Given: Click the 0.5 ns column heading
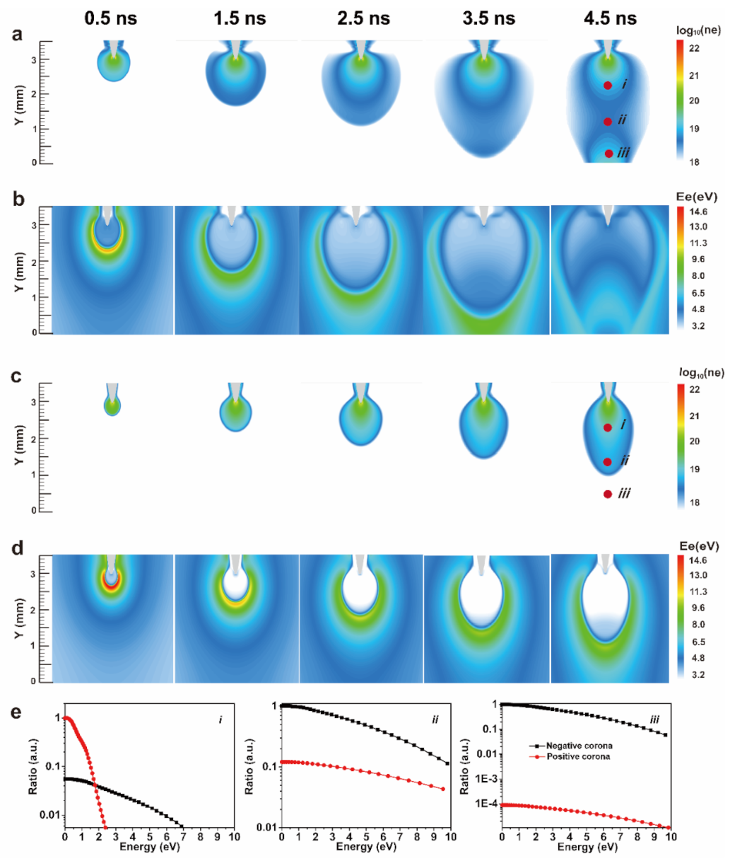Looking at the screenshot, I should tap(112, 18).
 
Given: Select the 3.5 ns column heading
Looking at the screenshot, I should tap(488, 18).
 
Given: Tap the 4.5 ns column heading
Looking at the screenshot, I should tap(609, 18).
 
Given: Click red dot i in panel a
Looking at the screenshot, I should tap(608, 85).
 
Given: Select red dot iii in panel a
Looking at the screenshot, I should tap(608, 154).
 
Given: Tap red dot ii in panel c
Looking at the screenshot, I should tap(608, 462).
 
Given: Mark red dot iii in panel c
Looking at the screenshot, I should tap(608, 495).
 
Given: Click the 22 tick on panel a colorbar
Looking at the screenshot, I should tap(694, 49).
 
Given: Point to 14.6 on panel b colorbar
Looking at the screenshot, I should tap(698, 212).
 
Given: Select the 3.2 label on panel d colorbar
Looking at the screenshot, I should tap(698, 675).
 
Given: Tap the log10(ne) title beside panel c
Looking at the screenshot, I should tap(701, 373).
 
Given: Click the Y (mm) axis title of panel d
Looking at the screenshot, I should tap(19, 618).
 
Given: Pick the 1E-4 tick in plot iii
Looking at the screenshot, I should tap(484, 804).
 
